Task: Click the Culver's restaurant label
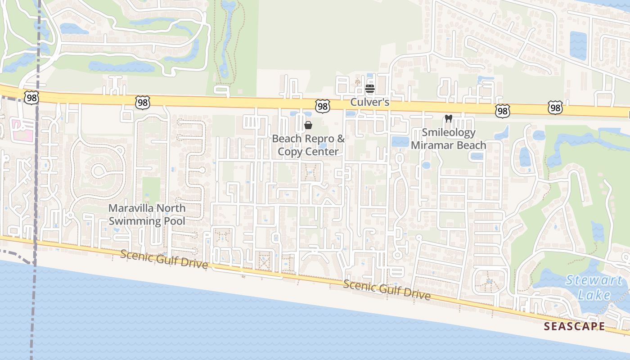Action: click(x=369, y=103)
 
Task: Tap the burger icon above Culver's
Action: click(x=370, y=89)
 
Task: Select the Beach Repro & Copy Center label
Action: click(x=308, y=145)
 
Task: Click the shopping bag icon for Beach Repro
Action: click(x=308, y=125)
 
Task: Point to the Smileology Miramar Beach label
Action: click(x=448, y=139)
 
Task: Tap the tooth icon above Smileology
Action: click(x=448, y=119)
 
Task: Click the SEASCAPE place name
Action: click(x=574, y=326)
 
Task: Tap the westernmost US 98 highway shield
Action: click(x=31, y=98)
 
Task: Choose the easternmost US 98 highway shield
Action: click(x=556, y=108)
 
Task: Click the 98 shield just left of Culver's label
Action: click(x=322, y=106)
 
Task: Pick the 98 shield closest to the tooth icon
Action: click(x=502, y=111)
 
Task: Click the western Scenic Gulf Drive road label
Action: click(x=164, y=260)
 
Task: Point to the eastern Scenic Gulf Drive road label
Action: click(x=387, y=290)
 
